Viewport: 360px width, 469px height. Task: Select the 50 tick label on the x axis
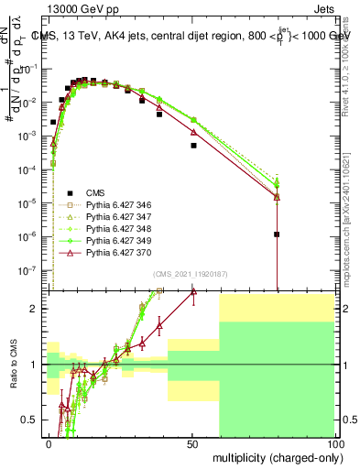point(193,442)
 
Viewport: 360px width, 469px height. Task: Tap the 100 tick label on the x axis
point(335,442)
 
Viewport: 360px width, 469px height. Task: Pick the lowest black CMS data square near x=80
point(277,234)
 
